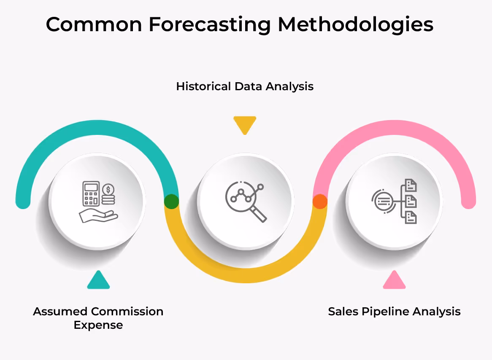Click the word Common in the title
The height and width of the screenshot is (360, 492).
pyautogui.click(x=94, y=24)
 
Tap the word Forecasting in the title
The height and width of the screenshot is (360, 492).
pyautogui.click(x=209, y=24)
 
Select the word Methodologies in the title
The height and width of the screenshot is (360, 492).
pyautogui.click(x=355, y=24)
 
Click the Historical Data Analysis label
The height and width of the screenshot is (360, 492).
pyautogui.click(x=245, y=86)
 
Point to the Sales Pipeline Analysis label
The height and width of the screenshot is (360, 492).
pyautogui.click(x=394, y=312)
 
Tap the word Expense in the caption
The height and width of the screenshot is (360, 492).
pyautogui.click(x=98, y=325)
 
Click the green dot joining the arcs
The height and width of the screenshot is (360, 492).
pyautogui.click(x=171, y=201)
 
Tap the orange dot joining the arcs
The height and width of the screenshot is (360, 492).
pyautogui.click(x=320, y=201)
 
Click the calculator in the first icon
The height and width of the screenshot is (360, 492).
pyautogui.click(x=91, y=193)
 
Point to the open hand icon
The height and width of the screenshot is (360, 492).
pyautogui.click(x=98, y=216)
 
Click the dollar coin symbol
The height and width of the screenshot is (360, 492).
pyautogui.click(x=108, y=189)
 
